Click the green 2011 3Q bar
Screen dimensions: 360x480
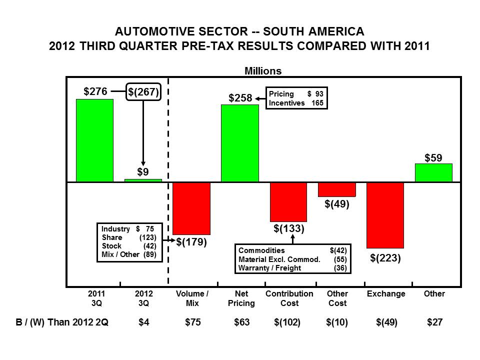click(94, 140)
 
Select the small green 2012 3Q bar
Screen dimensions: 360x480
click(143, 180)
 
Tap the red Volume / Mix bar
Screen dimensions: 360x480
click(191, 208)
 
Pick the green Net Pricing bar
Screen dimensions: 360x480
click(239, 143)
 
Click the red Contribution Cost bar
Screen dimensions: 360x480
click(288, 201)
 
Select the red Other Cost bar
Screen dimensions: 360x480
click(336, 189)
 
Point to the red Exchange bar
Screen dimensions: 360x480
click(385, 215)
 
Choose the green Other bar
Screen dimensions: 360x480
click(433, 172)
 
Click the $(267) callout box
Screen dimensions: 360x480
click(143, 92)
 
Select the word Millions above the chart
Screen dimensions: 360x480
click(262, 71)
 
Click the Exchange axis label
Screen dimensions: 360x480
click(385, 293)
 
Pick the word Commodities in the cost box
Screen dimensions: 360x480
click(262, 250)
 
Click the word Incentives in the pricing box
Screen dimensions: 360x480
click(287, 103)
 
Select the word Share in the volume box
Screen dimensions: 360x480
click(111, 237)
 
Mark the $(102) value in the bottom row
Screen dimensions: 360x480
click(287, 322)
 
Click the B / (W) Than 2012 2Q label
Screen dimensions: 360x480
click(61, 322)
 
